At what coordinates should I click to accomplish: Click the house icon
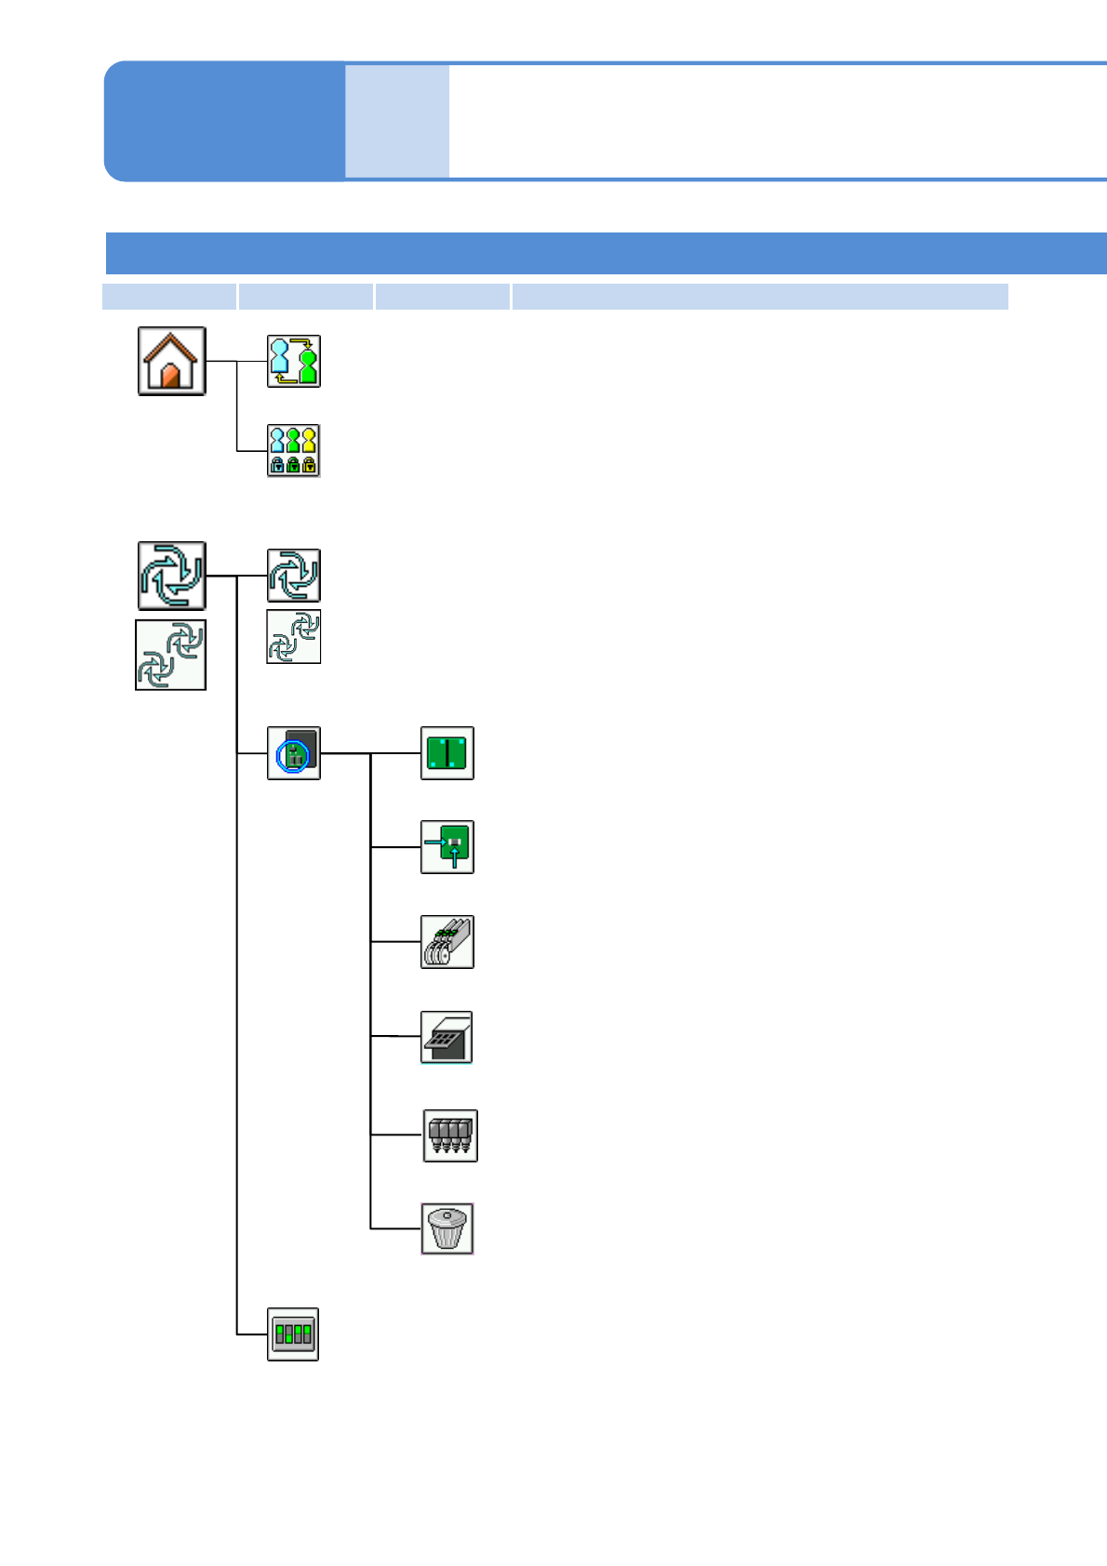171,361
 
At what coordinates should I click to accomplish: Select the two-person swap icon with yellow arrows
293,362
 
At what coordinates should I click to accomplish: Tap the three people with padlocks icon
293,451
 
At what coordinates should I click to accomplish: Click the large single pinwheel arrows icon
171,576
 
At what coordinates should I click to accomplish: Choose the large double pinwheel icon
171,655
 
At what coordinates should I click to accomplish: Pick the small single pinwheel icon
293,576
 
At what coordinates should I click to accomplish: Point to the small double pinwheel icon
293,637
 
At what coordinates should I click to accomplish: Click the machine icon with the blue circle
293,753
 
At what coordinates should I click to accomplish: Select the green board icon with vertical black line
447,753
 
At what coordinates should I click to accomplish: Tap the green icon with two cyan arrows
447,847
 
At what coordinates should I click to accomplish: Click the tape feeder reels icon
447,942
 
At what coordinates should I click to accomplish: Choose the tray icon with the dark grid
447,1037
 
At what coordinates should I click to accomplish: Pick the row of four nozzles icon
450,1135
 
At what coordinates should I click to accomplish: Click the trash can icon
447,1228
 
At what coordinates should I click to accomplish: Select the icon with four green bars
293,1334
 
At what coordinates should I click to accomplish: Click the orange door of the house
170,375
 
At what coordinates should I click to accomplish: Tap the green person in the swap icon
308,365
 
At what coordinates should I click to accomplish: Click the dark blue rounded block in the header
223,121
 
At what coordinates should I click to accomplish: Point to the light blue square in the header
397,121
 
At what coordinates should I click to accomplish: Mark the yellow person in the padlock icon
309,439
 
